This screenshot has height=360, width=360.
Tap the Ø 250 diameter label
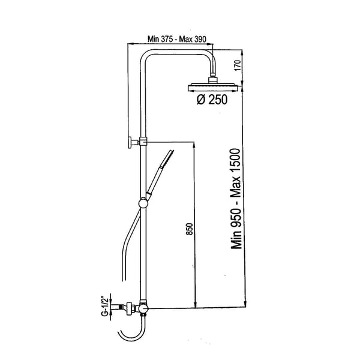click(212, 100)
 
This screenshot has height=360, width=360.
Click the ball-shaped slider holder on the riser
click(144, 203)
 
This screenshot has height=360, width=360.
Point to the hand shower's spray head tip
click(169, 156)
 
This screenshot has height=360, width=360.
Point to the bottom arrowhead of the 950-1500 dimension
click(245, 304)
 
